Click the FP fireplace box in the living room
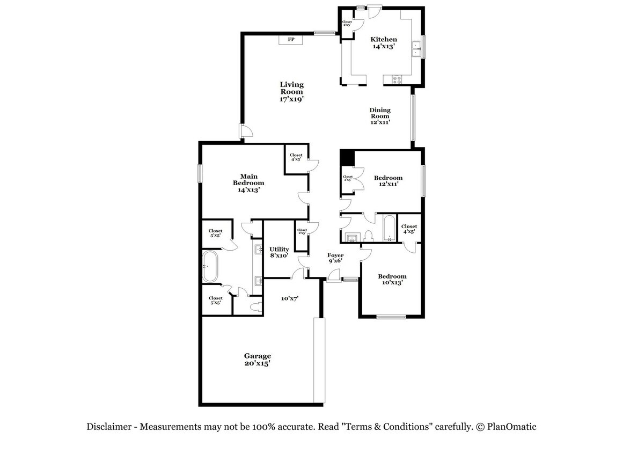[x=291, y=40]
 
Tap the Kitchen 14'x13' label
[x=384, y=43]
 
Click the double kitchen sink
[x=415, y=49]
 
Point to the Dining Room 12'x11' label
[x=379, y=116]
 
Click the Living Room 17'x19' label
[x=291, y=92]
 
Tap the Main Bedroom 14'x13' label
[x=248, y=183]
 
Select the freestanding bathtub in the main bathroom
[x=210, y=266]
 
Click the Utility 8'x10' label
[x=279, y=252]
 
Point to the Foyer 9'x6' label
[x=335, y=258]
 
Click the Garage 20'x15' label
[x=258, y=359]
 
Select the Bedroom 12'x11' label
[x=388, y=181]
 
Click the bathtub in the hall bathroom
[x=388, y=228]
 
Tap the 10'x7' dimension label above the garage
[x=290, y=298]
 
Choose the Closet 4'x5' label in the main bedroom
[x=296, y=157]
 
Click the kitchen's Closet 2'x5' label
[x=347, y=24]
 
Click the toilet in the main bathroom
[x=254, y=306]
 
